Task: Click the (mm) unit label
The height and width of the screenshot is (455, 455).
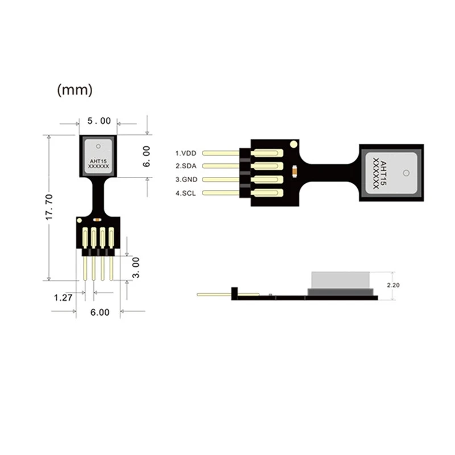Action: [x=75, y=89]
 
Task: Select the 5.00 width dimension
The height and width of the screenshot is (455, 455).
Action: [x=99, y=121]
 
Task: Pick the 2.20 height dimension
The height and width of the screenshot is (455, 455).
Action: [x=392, y=284]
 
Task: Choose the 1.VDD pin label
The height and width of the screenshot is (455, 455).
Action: [x=185, y=153]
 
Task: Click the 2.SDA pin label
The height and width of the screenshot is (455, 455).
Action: [x=185, y=166]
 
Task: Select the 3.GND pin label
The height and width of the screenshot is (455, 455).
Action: [x=185, y=180]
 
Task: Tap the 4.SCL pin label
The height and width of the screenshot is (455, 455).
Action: [x=185, y=193]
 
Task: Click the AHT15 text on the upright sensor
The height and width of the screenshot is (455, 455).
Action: [x=98, y=162]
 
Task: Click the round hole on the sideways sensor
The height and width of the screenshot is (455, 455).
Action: [x=406, y=172]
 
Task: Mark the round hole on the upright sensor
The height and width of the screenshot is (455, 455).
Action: [x=99, y=144]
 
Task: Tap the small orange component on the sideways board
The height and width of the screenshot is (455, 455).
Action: [x=294, y=168]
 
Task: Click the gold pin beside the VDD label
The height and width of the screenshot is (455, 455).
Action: [x=221, y=153]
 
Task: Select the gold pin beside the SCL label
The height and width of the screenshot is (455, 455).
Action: [x=221, y=193]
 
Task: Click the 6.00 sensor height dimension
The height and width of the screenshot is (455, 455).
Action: [x=146, y=156]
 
